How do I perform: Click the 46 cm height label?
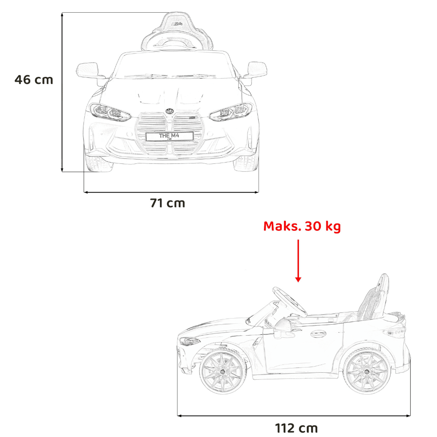click(x=34, y=80)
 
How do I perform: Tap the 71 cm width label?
click(x=167, y=203)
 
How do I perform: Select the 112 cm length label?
click(x=296, y=428)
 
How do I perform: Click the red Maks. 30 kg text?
click(x=302, y=226)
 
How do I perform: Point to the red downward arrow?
click(x=298, y=260)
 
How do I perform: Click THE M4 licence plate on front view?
click(x=170, y=136)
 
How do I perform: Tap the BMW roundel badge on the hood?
click(x=170, y=111)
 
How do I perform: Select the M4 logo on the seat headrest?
click(x=177, y=24)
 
